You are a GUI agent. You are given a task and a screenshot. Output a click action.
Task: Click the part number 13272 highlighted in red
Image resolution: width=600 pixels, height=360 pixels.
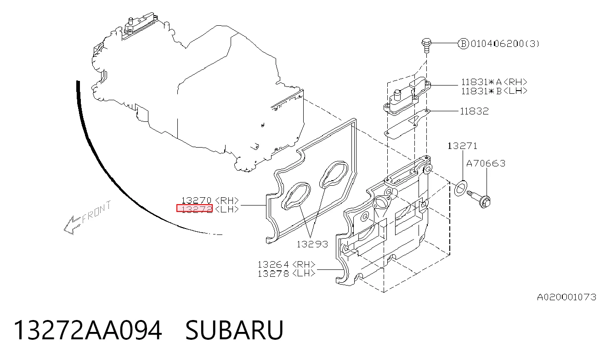[194, 208]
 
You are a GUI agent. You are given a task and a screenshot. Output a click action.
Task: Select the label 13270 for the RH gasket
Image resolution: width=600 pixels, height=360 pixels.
[196, 200]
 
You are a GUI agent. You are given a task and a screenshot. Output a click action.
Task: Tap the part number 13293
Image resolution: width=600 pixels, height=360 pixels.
[312, 244]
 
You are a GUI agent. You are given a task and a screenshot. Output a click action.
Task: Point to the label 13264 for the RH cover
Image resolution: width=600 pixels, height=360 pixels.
[273, 264]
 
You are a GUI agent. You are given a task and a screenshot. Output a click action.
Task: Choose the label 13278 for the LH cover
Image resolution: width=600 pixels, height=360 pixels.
[273, 274]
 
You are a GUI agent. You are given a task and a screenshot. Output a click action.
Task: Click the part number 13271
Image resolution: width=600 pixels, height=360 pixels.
[462, 146]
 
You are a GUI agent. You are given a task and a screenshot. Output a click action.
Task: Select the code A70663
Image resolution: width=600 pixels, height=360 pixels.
[486, 163]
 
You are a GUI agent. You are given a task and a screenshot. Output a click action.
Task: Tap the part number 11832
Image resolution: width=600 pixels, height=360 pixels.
[475, 111]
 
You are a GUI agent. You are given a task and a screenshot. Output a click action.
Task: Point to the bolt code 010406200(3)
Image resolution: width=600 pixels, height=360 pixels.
[504, 43]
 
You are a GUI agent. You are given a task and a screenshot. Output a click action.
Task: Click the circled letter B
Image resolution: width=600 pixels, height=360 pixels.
[464, 43]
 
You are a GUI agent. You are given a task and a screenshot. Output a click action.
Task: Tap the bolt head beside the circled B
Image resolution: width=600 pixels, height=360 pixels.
[426, 43]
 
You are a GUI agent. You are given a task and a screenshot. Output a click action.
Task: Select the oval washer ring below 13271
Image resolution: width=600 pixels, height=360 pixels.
[461, 189]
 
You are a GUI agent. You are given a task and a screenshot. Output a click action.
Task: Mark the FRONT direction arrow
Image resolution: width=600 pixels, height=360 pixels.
[72, 225]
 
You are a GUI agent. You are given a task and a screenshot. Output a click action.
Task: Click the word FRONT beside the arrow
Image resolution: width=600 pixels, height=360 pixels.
[96, 212]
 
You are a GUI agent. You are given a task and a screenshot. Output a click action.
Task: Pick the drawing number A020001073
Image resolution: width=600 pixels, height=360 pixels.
[566, 297]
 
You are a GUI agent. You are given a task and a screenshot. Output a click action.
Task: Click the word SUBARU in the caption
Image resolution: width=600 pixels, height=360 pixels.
[234, 330]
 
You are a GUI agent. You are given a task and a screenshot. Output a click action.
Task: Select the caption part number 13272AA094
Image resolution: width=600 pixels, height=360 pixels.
[88, 330]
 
